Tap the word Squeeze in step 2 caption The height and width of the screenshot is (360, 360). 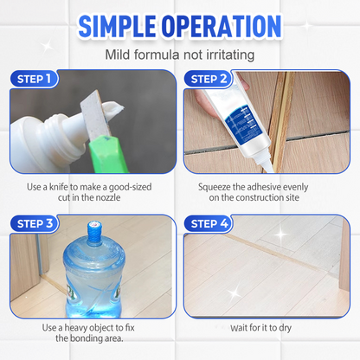click(215, 184)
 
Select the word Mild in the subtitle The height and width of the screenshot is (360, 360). click(119, 55)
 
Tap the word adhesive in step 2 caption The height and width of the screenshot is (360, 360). click(274, 184)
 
